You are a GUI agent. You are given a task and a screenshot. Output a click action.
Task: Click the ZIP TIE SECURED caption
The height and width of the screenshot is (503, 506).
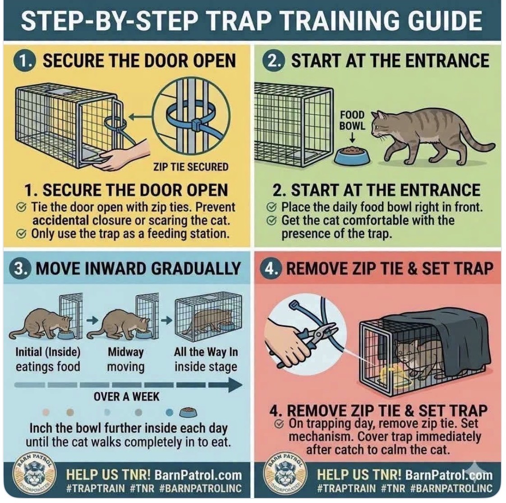[191, 167]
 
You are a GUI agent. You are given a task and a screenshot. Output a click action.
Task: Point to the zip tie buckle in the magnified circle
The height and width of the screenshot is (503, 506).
[196, 125]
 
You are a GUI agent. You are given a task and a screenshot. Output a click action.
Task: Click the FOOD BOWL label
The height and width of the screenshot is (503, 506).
[352, 120]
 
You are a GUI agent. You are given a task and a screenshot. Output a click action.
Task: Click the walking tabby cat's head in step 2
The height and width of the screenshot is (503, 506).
[382, 123]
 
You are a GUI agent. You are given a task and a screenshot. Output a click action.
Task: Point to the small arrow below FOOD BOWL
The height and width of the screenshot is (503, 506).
[352, 138]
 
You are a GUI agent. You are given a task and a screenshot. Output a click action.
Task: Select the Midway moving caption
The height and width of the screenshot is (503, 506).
[125, 360]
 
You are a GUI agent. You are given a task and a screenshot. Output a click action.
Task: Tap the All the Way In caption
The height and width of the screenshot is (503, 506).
[206, 351]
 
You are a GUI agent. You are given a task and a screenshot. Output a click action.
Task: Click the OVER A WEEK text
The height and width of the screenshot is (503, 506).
[126, 397]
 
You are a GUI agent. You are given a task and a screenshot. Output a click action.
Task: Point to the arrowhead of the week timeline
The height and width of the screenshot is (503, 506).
[235, 385]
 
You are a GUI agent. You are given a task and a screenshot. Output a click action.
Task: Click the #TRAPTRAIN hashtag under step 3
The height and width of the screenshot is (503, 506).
[96, 488]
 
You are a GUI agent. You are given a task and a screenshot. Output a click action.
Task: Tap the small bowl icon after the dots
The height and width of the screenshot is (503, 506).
[188, 412]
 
